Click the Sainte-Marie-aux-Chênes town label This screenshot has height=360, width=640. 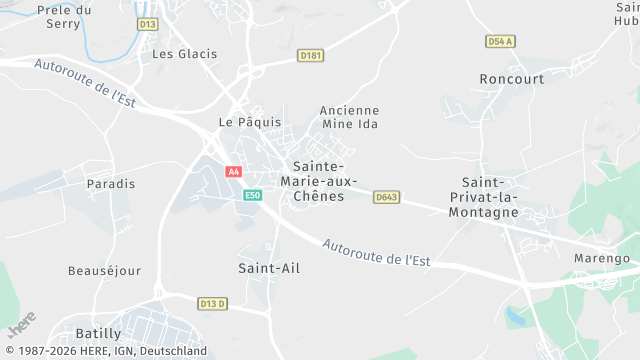(x=319, y=181)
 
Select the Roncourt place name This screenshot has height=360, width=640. (x=511, y=78)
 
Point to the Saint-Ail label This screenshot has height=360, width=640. (x=269, y=268)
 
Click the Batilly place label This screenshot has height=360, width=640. (x=98, y=333)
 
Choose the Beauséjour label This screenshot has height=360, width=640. (x=104, y=271)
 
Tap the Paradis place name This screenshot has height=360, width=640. (x=110, y=184)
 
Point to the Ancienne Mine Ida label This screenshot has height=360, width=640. (x=350, y=117)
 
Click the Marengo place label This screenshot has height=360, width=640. (x=600, y=258)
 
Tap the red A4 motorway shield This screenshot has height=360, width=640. (x=234, y=172)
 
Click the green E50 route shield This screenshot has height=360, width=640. (x=253, y=195)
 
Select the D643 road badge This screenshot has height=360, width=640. (x=387, y=197)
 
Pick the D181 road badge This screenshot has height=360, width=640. (x=311, y=56)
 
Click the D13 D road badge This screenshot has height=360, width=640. (x=213, y=304)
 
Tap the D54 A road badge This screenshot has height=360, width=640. (x=500, y=41)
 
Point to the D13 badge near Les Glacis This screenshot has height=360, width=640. (x=148, y=24)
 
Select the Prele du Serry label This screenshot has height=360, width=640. (x=63, y=16)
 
